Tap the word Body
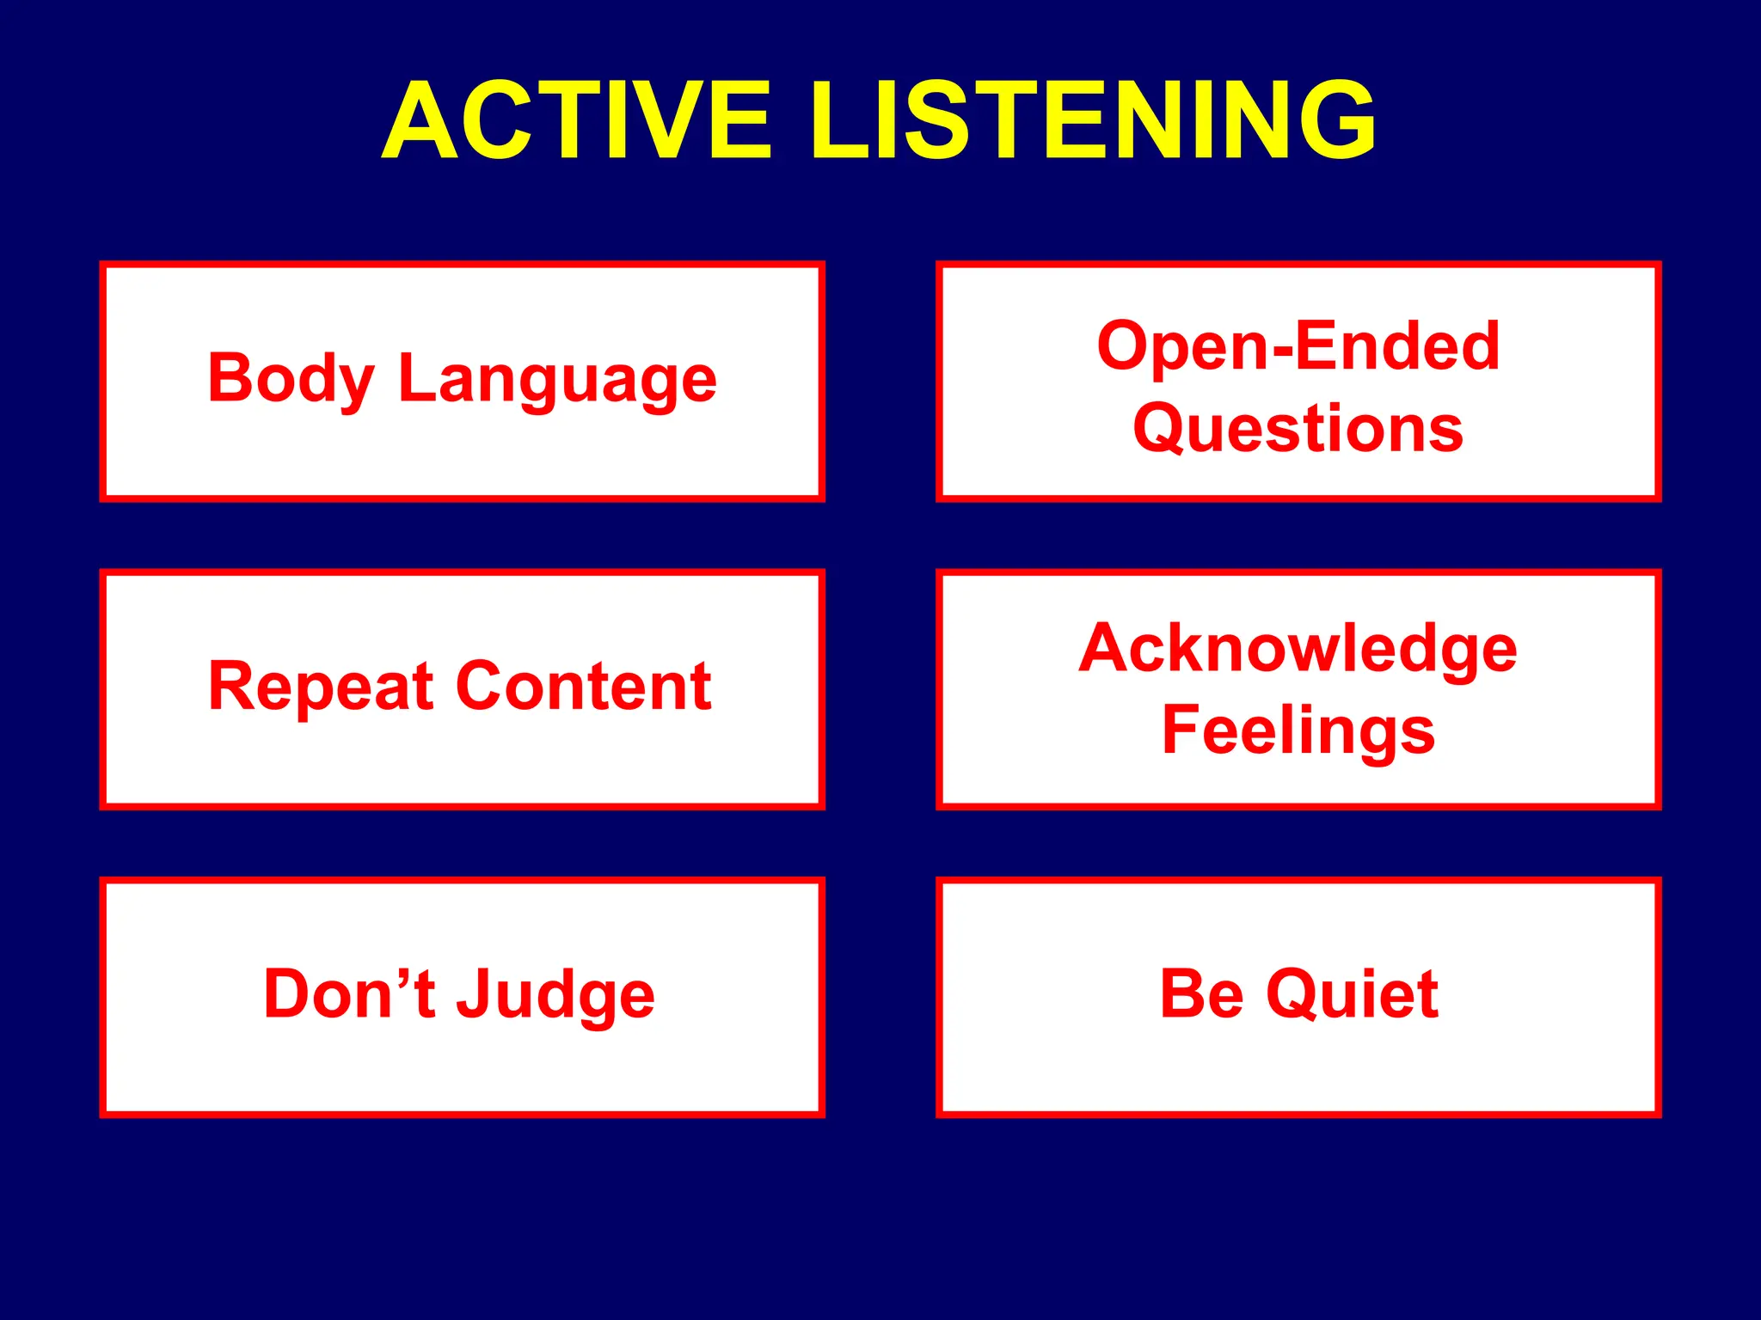tap(291, 379)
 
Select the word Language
tap(557, 379)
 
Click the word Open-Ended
tap(1298, 345)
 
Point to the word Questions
tap(1298, 428)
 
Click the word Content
tap(584, 687)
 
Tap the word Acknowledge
tap(1298, 649)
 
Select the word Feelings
tap(1298, 731)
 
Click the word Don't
tap(348, 994)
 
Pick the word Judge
tap(555, 994)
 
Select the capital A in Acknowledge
tap(1105, 648)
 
